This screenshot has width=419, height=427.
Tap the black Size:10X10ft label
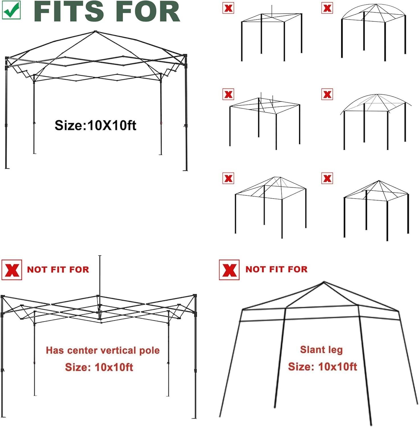(95, 125)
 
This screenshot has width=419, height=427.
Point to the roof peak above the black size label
(95, 32)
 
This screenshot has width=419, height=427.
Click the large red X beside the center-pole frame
(12, 270)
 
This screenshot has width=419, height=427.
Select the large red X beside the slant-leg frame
(229, 270)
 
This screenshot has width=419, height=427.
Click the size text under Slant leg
(322, 367)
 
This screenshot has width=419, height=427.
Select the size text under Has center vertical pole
(99, 367)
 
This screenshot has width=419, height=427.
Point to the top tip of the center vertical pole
(100, 256)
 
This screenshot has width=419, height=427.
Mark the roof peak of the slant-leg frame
(324, 282)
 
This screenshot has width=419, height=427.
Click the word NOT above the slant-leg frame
(255, 269)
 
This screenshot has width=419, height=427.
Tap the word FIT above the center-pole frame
(58, 270)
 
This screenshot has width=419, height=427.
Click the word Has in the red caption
(55, 350)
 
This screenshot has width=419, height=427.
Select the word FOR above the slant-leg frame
(298, 269)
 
